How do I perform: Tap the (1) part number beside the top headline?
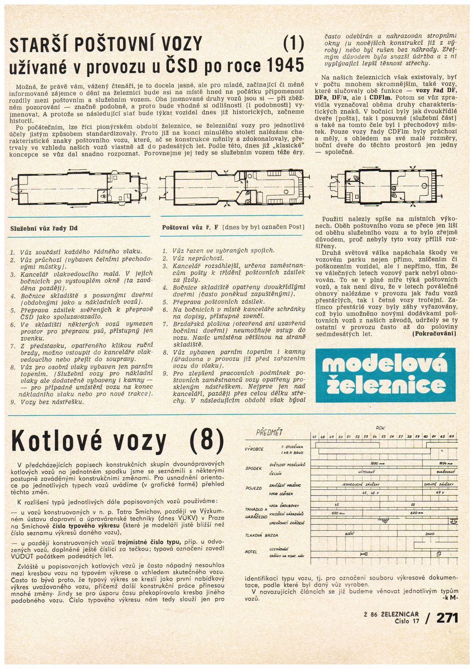click(294, 44)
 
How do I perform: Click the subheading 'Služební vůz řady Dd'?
click(44, 228)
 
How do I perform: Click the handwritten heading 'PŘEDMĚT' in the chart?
click(269, 432)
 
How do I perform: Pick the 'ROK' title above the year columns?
click(380, 428)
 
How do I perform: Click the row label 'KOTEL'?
click(251, 552)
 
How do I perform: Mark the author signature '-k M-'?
click(450, 598)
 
